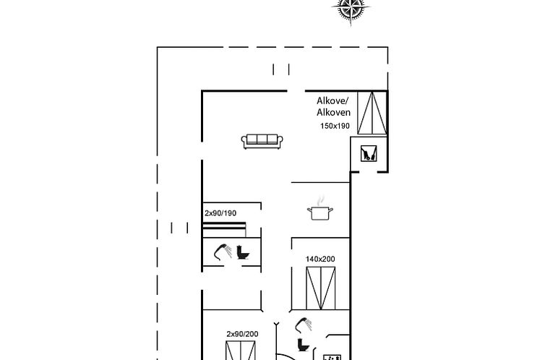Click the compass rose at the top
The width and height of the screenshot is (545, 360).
tap(351, 9)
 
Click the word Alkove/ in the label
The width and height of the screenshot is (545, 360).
tap(332, 101)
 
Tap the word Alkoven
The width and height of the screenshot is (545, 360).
tap(333, 112)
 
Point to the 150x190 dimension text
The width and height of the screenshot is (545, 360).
tap(335, 126)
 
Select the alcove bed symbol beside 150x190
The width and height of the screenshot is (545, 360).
tap(372, 113)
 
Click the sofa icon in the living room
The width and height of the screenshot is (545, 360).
tap(262, 141)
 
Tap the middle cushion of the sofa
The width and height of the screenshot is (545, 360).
tap(262, 139)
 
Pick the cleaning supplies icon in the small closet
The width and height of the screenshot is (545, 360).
tap(369, 153)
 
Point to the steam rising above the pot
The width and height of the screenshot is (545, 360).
tap(320, 200)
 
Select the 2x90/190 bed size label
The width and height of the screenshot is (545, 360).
tap(220, 213)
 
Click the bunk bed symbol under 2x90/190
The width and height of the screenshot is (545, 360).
tap(225, 230)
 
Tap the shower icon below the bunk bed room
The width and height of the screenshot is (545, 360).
tap(223, 252)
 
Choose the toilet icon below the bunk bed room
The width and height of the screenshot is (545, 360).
tap(243, 252)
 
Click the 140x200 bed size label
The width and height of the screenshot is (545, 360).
tap(320, 259)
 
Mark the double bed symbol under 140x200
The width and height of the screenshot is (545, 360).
tap(321, 288)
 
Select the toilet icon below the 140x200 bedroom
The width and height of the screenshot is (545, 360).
tap(303, 344)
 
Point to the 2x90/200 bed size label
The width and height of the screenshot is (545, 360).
tap(242, 334)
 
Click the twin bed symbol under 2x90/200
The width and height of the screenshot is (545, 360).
tap(241, 351)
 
